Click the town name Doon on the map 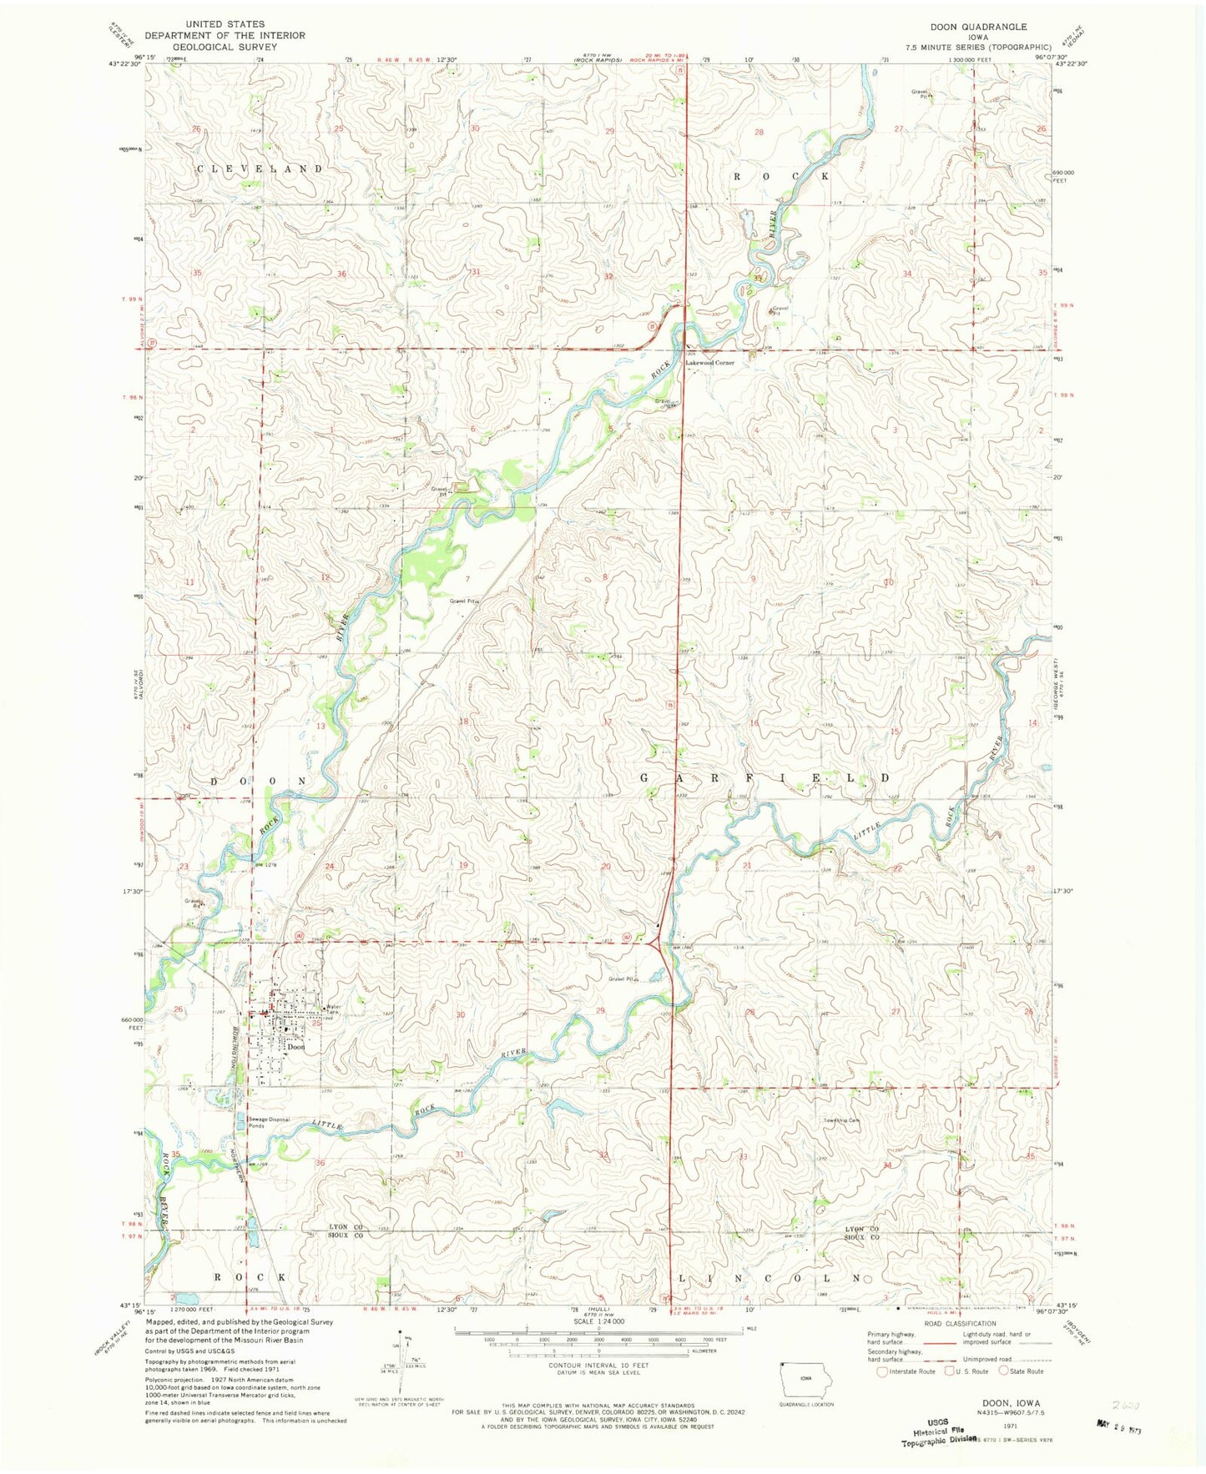tap(295, 1046)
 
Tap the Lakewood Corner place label tap(709, 363)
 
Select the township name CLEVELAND tap(260, 169)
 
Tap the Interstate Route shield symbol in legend tap(882, 1371)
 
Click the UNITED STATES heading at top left tap(225, 24)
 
